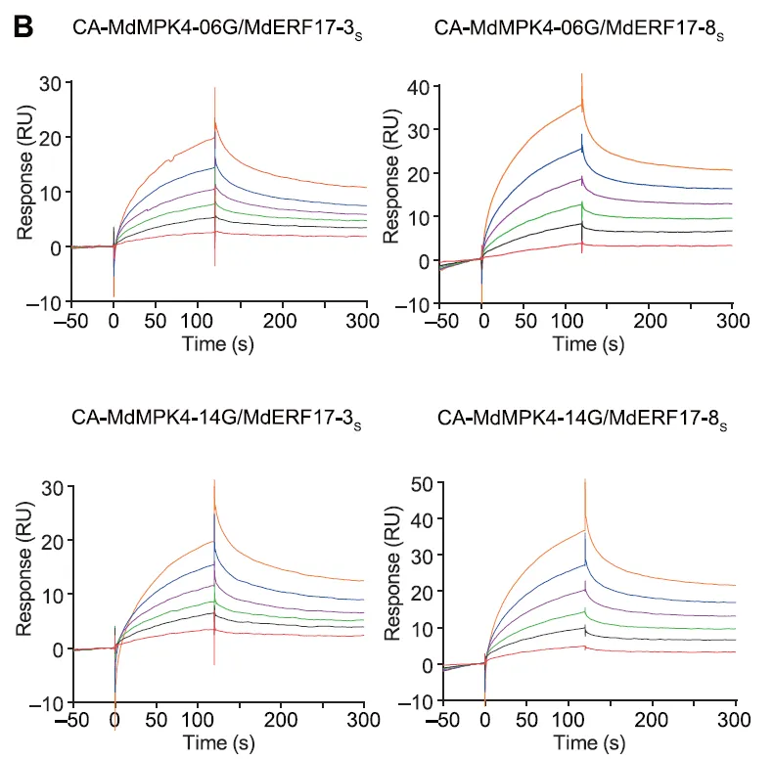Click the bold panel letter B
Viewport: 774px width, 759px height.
point(22,26)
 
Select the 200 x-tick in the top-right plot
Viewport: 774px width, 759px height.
point(650,320)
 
